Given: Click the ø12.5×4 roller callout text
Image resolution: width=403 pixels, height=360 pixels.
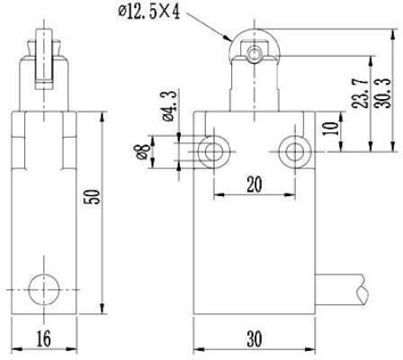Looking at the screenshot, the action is [x=149, y=13].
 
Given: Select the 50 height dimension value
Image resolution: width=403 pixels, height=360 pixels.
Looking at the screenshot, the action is [x=92, y=197].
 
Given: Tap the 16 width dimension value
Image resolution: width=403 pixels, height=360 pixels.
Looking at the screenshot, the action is [x=44, y=338].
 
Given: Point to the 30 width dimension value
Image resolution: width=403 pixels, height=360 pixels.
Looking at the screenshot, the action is [x=255, y=338].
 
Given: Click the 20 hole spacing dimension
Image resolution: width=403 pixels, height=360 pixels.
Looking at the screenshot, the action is [x=255, y=184].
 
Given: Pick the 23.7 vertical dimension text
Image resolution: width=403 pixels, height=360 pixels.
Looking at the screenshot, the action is [x=360, y=94].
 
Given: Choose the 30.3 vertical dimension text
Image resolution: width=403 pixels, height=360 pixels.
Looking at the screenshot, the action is [x=383, y=94].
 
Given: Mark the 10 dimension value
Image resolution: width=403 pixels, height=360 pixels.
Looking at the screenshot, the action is [x=331, y=128].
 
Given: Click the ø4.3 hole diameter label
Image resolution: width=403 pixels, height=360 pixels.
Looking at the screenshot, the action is [x=169, y=106].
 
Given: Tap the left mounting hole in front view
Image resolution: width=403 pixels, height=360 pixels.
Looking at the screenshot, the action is [x=214, y=151].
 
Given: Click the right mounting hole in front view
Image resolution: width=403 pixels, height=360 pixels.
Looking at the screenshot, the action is [x=294, y=151].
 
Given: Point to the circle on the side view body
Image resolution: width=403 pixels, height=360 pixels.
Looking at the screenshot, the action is [x=44, y=290].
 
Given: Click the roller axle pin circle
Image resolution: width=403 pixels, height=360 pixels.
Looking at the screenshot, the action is [x=255, y=54].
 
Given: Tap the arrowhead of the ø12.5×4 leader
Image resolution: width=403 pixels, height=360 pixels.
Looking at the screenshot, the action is [x=228, y=38].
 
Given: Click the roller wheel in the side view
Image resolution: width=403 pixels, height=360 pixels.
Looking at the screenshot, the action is [x=44, y=59].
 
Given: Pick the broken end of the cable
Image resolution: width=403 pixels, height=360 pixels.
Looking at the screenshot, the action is [x=363, y=290].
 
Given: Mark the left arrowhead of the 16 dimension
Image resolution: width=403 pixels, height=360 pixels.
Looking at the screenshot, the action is [x=17, y=350].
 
